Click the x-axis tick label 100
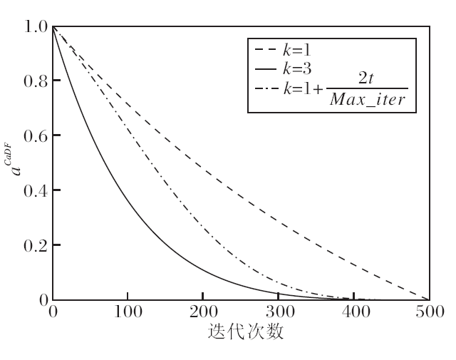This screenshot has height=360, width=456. [128, 312]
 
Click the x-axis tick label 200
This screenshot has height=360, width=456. [203, 312]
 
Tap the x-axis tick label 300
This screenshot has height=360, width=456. [278, 312]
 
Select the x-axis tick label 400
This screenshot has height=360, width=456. [353, 312]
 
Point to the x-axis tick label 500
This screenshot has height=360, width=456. [428, 312]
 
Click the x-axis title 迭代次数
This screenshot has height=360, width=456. [242, 332]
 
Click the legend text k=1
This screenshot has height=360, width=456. [296, 51]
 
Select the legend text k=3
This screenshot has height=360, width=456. [296, 69]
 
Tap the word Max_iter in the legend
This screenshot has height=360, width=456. [368, 101]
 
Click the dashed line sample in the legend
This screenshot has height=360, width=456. [266, 51]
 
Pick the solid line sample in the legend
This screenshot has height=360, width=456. [266, 69]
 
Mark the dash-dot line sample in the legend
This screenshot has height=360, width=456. [266, 91]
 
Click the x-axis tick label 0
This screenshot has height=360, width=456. [53, 312]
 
